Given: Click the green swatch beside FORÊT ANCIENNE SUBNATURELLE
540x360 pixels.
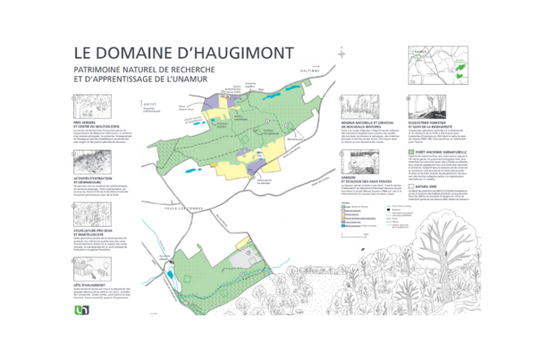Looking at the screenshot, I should coord(411,153).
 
